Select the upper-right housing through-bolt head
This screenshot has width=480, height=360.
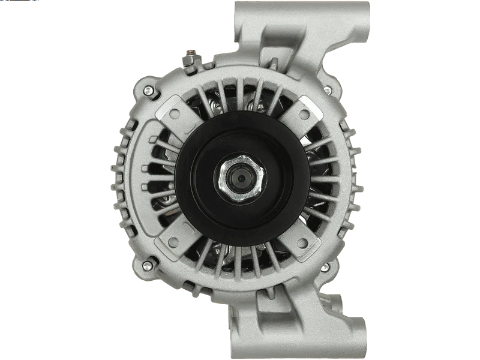click(327, 90)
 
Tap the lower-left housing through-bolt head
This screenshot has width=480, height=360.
click(148, 265)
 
